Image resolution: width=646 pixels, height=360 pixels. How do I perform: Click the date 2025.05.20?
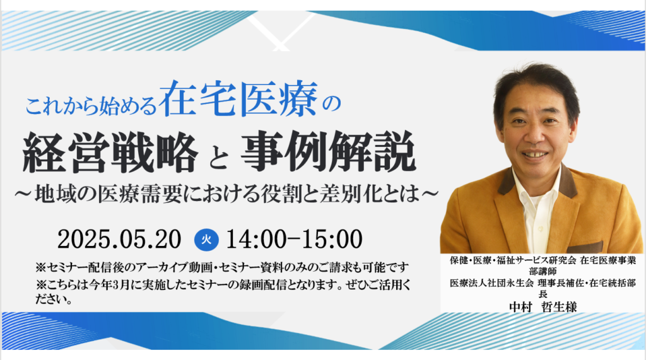click(119, 240)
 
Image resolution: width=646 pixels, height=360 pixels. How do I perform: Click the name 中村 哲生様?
click(543, 306)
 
